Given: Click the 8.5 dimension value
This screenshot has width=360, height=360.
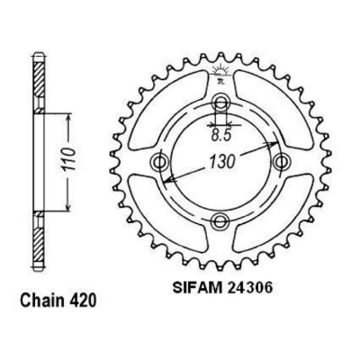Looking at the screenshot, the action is [220, 136].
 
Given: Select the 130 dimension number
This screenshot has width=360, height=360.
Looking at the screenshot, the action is [221, 162].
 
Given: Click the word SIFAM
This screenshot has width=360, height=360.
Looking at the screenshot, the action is [197, 288].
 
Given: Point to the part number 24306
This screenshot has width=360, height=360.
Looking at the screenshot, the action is [250, 288].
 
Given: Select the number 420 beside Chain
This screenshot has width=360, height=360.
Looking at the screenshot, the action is [83, 300].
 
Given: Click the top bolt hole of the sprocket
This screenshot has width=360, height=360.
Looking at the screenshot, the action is [220, 103].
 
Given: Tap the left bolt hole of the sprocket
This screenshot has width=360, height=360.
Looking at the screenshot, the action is [159, 162].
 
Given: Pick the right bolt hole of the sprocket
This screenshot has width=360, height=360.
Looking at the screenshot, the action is [282, 162].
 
